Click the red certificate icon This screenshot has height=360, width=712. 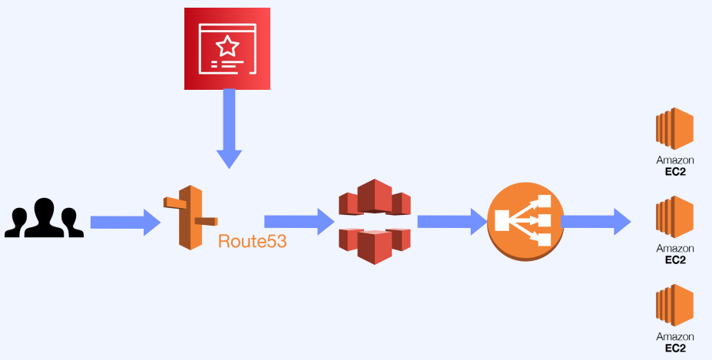click(x=227, y=48)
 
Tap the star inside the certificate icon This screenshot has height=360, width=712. click(x=227, y=47)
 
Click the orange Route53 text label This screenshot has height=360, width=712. click(x=252, y=241)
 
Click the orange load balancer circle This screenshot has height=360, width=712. click(x=525, y=221)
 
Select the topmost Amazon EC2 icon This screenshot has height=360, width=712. click(x=674, y=128)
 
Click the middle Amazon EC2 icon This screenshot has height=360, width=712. click(x=674, y=216)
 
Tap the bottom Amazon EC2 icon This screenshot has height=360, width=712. click(x=674, y=306)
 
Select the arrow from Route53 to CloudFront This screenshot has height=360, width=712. click(x=299, y=222)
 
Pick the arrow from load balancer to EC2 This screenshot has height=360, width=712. click(x=595, y=222)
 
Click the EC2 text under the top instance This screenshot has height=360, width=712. click(x=675, y=171)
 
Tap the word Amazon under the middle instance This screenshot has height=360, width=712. click(x=675, y=249)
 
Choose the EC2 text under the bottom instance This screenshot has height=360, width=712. click(x=675, y=348)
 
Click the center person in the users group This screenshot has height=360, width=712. click(x=44, y=216)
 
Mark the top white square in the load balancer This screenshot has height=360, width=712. click(x=544, y=202)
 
